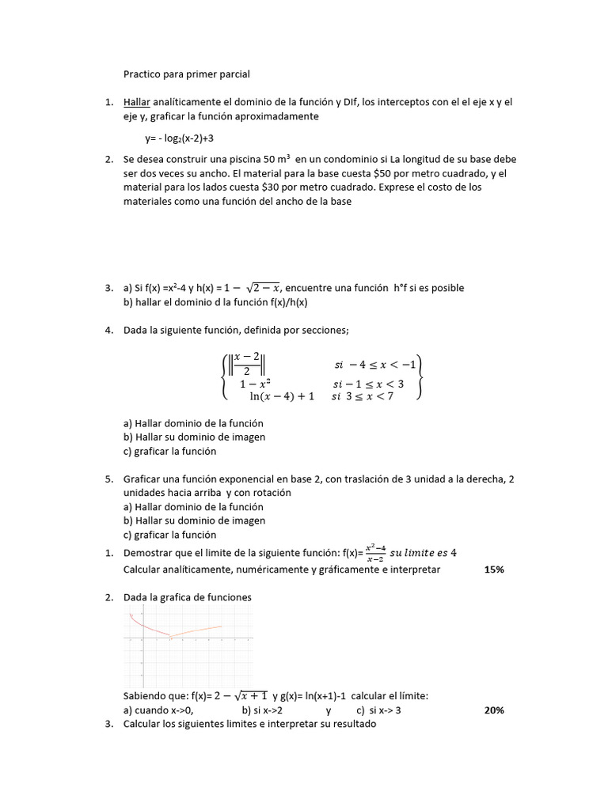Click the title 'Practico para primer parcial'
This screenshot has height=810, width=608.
tap(186, 74)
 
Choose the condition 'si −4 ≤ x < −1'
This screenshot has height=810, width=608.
tap(374, 365)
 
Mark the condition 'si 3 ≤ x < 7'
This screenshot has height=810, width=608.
tap(365, 397)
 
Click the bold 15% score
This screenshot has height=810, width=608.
tap(494, 569)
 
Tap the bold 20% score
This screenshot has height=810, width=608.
tap(494, 710)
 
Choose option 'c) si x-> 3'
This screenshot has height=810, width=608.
tap(379, 710)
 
